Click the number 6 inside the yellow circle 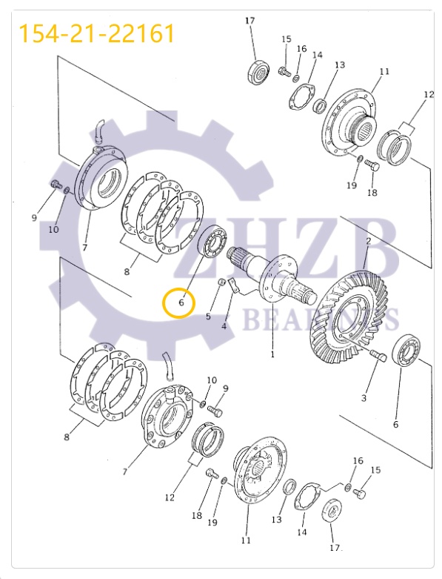pos(181,302)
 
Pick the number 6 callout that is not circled pos(395,424)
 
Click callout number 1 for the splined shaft pos(272,354)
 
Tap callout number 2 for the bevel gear pos(368,242)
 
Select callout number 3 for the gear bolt pos(364,398)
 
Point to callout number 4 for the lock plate pos(224,326)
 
